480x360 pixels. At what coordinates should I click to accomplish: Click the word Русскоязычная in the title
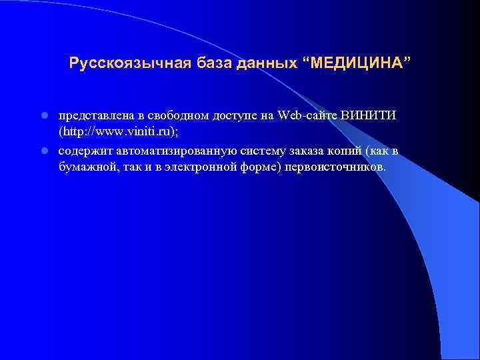(x=130, y=63)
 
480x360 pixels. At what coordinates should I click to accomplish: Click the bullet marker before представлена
(x=44, y=115)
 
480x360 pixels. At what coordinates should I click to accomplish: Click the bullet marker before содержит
(x=44, y=151)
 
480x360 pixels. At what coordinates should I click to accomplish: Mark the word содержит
(x=84, y=151)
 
